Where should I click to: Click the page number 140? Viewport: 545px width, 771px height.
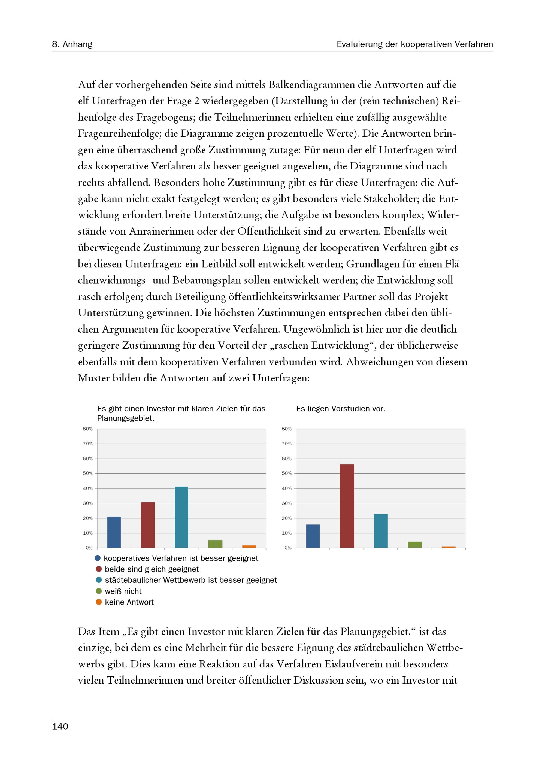pos(60,726)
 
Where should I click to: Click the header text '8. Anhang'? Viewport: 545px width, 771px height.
pos(72,44)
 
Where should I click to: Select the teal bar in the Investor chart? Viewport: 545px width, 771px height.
pos(181,517)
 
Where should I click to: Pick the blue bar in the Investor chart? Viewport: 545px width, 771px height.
pos(114,532)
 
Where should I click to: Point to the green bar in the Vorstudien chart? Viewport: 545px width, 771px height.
pos(415,545)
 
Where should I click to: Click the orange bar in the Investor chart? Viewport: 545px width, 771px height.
pos(249,546)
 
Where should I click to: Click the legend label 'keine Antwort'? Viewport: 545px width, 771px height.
pos(129,602)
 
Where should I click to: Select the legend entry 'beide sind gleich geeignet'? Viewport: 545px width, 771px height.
pos(152,569)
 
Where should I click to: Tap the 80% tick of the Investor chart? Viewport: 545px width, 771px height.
pos(88,429)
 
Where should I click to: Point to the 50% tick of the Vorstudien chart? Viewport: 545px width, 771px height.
pos(286,473)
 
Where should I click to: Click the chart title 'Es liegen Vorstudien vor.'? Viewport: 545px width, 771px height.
pos(341,409)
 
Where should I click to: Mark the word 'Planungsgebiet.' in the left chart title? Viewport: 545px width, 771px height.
pos(126,418)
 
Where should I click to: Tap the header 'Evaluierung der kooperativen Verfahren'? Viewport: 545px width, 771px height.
pos(415,44)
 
